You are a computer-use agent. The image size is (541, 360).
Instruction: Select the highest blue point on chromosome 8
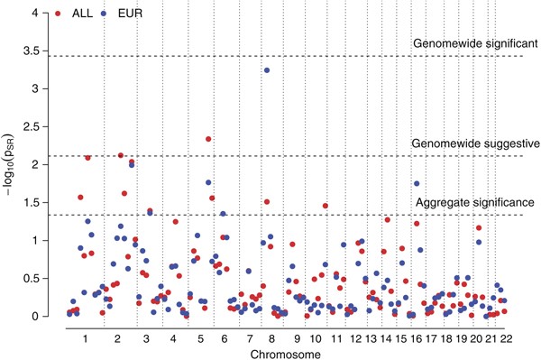tap(267, 70)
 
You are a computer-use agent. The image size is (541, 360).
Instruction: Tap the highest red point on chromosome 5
tap(208, 139)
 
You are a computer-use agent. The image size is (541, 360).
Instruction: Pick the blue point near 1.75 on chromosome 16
tap(417, 183)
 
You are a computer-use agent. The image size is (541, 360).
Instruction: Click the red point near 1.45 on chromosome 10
tap(325, 206)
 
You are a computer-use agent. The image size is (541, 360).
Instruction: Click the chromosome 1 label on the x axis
tap(83, 336)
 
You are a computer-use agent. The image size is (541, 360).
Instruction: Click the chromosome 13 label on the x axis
tap(371, 336)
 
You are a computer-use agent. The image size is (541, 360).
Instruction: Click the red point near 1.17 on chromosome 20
tap(478, 228)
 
